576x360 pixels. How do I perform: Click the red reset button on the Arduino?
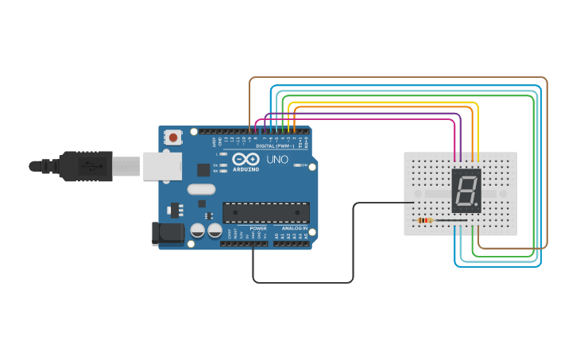173,137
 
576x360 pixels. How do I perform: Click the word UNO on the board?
277,159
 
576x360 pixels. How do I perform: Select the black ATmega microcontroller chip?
265,212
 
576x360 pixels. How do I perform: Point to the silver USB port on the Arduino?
162,166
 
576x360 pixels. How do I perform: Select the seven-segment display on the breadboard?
466,190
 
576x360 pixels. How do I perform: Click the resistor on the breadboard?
424,220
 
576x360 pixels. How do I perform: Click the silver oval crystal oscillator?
201,189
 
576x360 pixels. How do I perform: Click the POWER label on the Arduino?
258,228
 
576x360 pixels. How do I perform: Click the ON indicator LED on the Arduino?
296,165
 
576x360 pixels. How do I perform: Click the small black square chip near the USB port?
203,169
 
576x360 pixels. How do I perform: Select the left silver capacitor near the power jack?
198,230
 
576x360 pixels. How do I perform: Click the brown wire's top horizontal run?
397,77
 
